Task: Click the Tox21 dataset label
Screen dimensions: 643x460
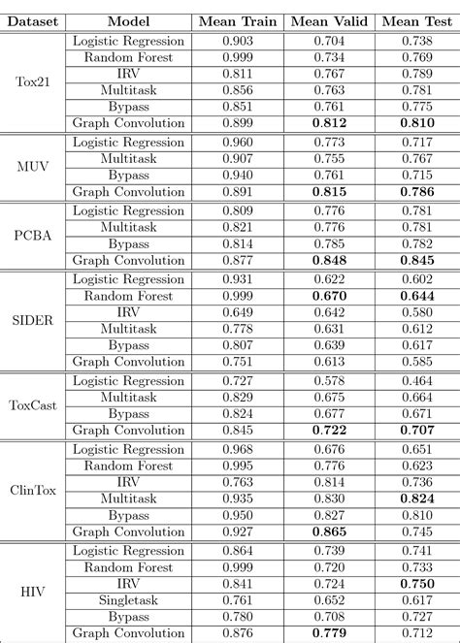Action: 34,81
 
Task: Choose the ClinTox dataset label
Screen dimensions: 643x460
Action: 34,490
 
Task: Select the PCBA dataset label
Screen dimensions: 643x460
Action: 34,235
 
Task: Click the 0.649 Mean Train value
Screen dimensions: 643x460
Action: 238,311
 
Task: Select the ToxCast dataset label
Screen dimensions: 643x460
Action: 34,404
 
